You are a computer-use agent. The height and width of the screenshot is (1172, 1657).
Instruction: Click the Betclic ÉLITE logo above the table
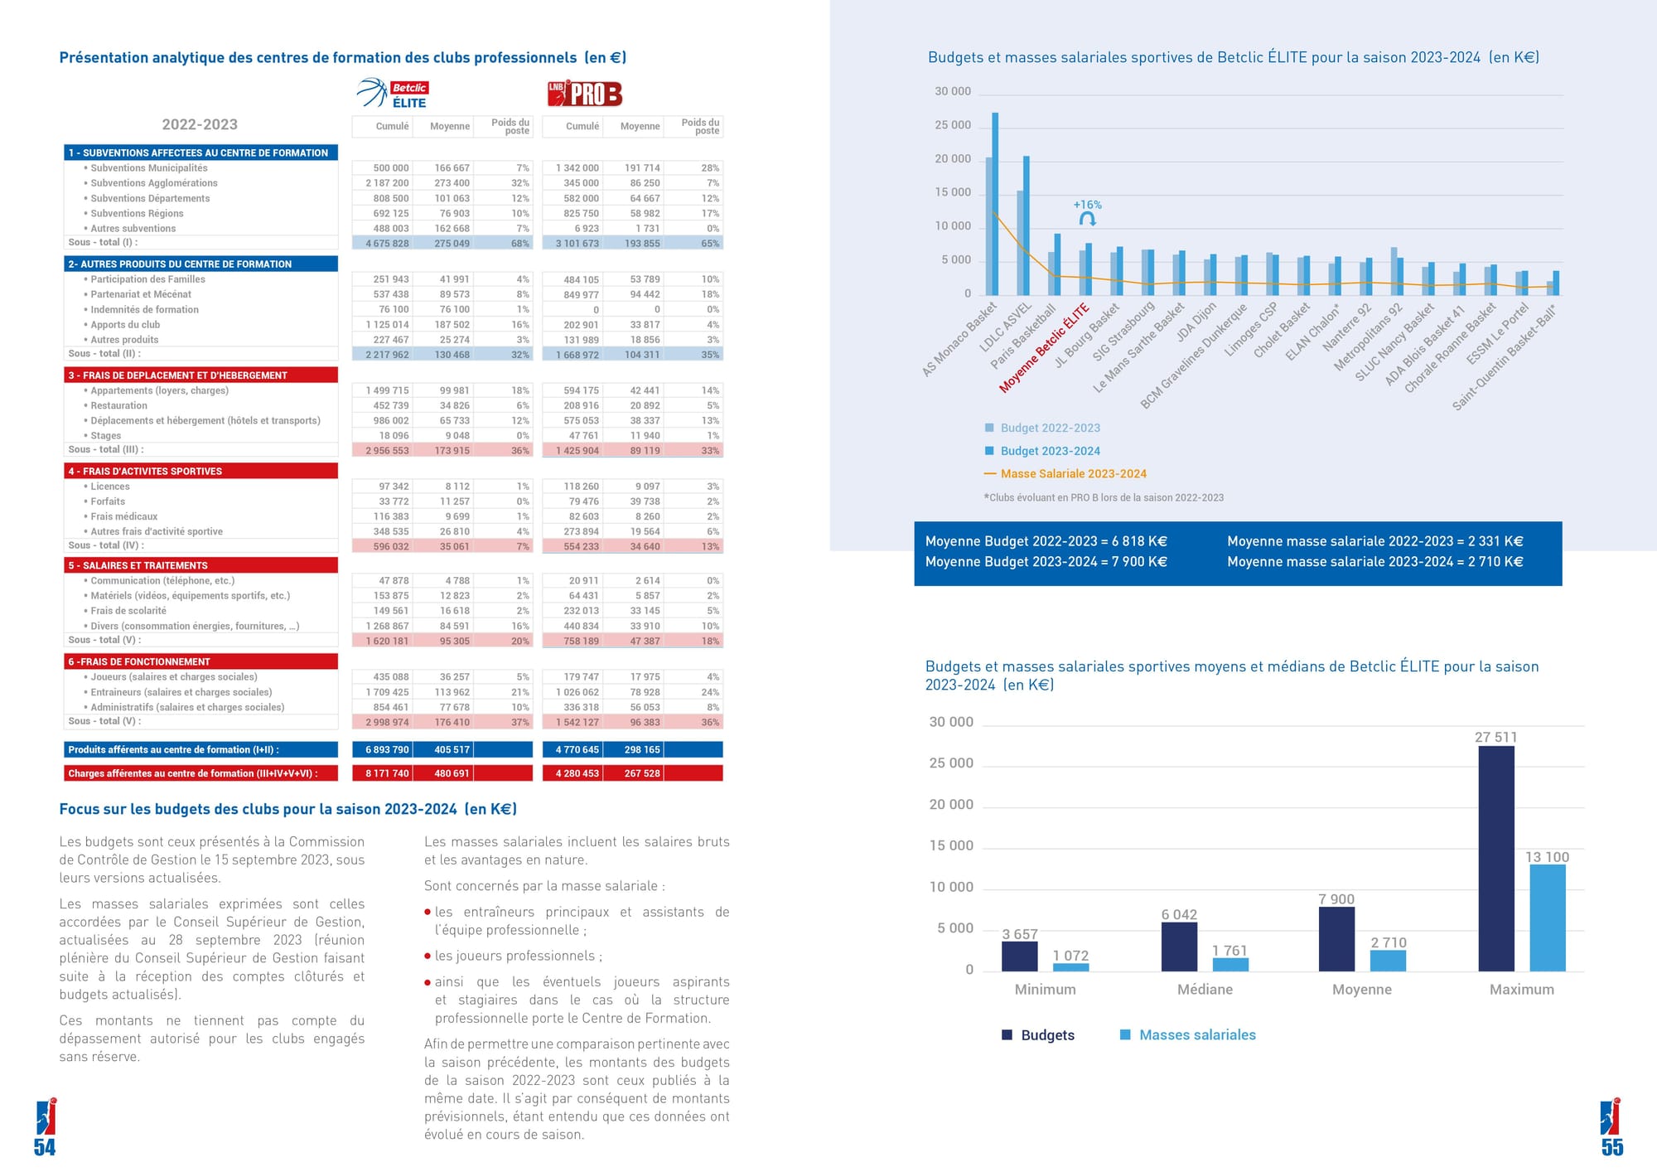click(393, 94)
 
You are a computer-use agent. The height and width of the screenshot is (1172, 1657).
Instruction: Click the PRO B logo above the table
click(585, 94)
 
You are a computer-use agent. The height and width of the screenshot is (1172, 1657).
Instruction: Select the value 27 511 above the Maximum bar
click(1495, 737)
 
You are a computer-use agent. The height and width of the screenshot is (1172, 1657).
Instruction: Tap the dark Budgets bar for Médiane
click(1179, 946)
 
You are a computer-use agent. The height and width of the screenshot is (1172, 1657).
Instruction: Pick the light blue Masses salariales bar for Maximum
click(1548, 918)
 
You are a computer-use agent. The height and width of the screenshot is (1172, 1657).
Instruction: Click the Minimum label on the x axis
click(1046, 989)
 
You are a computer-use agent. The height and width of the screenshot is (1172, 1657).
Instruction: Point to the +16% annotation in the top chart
click(1087, 205)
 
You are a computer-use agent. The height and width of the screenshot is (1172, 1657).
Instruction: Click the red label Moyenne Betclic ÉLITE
click(1044, 348)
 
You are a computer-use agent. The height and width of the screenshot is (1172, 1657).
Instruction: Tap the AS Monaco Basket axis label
click(959, 340)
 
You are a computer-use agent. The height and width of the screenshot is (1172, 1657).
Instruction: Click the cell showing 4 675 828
click(387, 244)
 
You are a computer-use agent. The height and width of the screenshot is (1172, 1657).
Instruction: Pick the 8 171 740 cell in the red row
click(387, 773)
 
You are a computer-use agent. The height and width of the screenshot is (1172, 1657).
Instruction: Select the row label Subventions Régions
click(136, 213)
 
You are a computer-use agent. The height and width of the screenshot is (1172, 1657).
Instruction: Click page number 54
click(45, 1147)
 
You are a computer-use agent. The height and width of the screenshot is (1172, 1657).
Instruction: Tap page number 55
click(1612, 1147)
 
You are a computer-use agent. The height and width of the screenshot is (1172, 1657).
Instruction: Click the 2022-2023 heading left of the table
click(200, 124)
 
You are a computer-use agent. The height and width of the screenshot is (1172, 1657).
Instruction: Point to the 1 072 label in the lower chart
click(1070, 956)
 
